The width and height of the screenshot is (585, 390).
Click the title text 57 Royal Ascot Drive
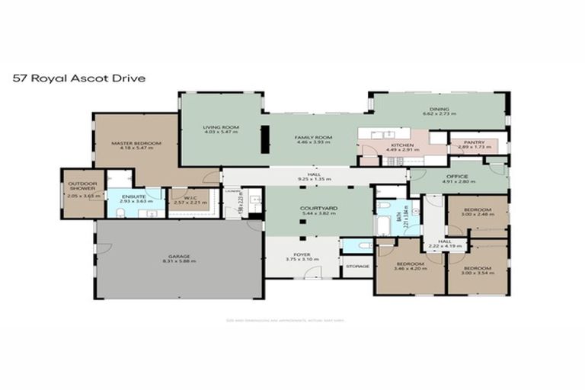pos(78,78)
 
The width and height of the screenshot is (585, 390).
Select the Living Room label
pos(221,128)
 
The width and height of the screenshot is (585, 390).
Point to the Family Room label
pos(314,139)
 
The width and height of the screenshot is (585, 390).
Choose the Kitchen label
pos(401,145)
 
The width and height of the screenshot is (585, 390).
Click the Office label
pos(458,178)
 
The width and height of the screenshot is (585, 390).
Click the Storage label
pos(356,266)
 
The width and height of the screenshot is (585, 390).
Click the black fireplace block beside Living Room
pos(264,139)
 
